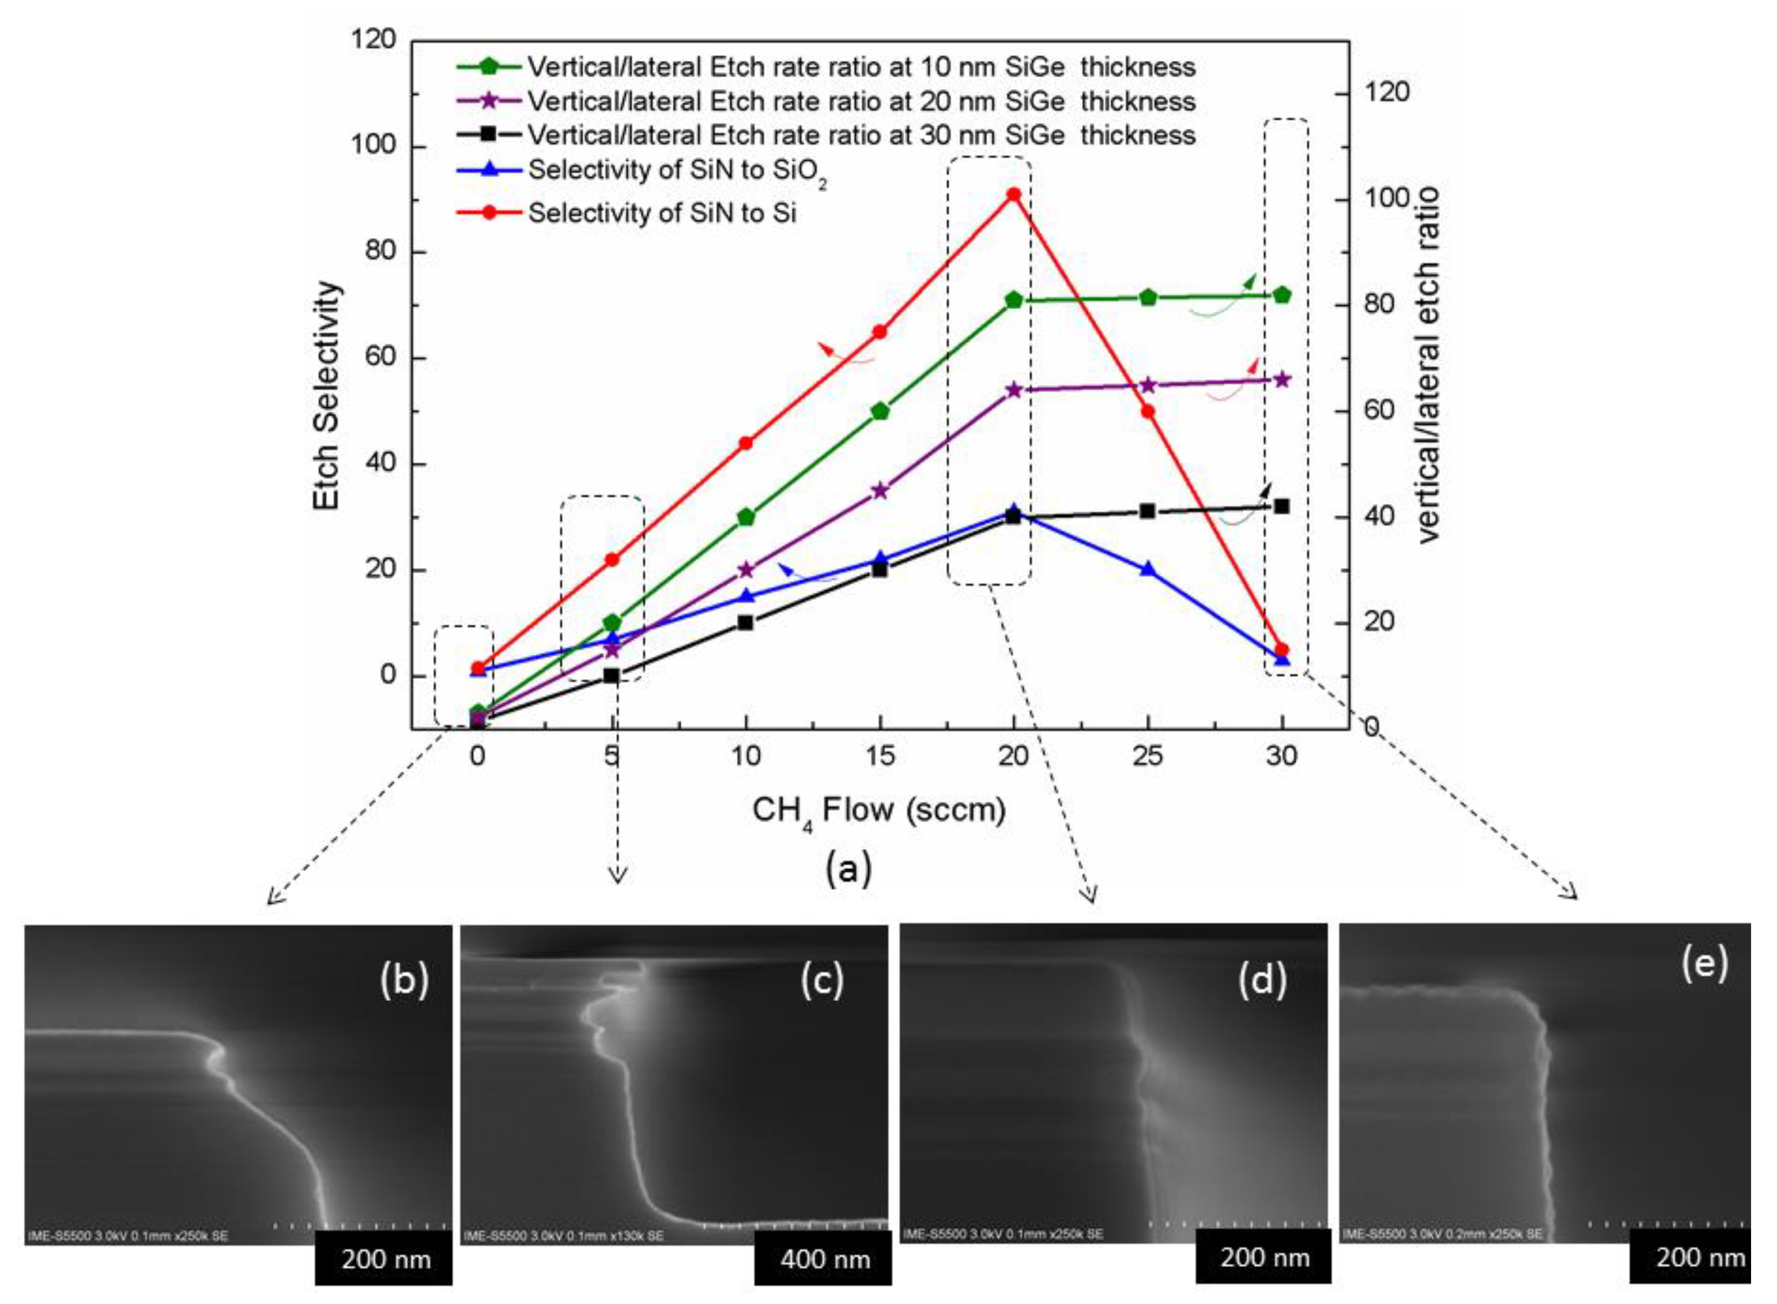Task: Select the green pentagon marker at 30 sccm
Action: [1282, 295]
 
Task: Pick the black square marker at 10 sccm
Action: [745, 622]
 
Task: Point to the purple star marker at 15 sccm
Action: [880, 490]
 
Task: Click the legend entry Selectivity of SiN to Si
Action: [661, 213]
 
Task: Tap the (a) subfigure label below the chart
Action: [848, 868]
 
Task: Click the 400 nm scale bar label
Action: [824, 1259]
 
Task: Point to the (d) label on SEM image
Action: [1261, 979]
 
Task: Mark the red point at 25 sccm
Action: [1148, 411]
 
